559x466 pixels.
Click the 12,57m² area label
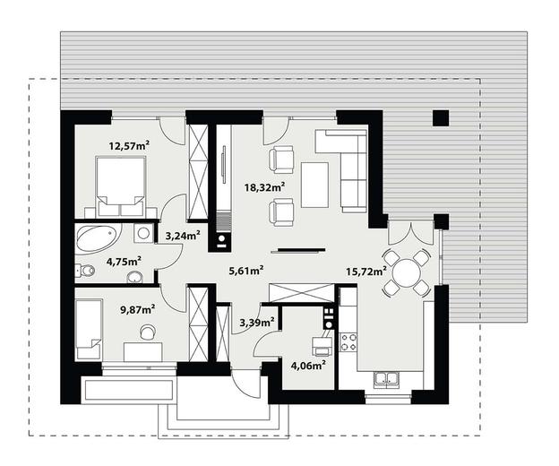pos(129,146)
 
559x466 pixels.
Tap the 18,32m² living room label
pos(264,186)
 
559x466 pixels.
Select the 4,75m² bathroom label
pos(124,262)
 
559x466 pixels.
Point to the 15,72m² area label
pos(366,272)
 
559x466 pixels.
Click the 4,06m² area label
pos(308,366)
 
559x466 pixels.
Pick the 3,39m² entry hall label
pos(257,323)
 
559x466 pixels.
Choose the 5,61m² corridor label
pos(246,271)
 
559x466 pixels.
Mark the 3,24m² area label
pos(183,236)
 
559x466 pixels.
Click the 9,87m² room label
pos(138,310)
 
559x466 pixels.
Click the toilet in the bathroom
pos(85,271)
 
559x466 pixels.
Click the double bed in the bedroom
pos(121,186)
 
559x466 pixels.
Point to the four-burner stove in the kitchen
pos(348,341)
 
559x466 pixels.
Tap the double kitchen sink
pos(387,379)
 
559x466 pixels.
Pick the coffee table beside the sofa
pos(314,185)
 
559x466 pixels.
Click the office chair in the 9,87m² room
pos(148,332)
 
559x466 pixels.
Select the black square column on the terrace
pos(441,117)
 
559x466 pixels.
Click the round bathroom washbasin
pos(134,278)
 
